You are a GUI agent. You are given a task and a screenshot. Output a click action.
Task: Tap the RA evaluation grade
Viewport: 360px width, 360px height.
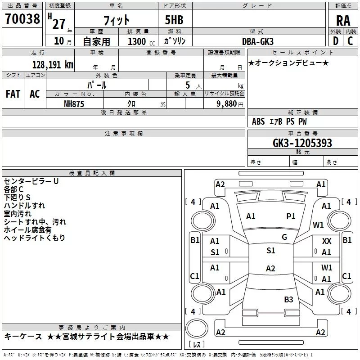pyautogui.click(x=343, y=20)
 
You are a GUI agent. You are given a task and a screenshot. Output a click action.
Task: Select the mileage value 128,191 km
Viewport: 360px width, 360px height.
pyautogui.click(x=53, y=64)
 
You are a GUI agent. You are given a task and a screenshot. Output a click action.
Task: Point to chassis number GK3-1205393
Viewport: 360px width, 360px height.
pyautogui.click(x=302, y=143)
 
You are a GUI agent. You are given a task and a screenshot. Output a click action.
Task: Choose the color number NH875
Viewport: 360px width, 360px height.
pyautogui.click(x=74, y=103)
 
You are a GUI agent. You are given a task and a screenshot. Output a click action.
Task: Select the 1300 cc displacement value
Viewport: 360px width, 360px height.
pyautogui.click(x=137, y=41)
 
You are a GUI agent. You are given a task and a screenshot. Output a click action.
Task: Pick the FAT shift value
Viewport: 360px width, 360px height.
pyautogui.click(x=13, y=94)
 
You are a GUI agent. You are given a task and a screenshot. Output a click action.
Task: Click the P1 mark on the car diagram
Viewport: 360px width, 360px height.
pyautogui.click(x=291, y=216)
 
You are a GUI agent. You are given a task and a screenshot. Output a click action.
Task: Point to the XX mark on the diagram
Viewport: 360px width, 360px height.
pyautogui.click(x=327, y=241)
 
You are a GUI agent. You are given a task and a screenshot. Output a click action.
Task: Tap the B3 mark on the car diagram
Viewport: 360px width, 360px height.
pyautogui.click(x=288, y=299)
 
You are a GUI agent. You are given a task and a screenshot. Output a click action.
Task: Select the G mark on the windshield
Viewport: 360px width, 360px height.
pyautogui.click(x=284, y=237)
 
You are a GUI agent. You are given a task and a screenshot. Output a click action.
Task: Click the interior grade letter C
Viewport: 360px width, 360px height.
pyautogui.click(x=350, y=41)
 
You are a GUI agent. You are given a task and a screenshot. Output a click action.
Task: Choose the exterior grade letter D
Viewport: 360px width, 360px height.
pyautogui.click(x=335, y=41)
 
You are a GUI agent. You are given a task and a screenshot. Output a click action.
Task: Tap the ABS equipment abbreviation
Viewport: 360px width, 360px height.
pyautogui.click(x=258, y=121)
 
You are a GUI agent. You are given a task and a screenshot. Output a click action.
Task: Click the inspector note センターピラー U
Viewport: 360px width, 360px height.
pyautogui.click(x=31, y=181)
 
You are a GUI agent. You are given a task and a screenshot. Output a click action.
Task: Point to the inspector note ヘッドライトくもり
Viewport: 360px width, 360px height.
pyautogui.click(x=34, y=238)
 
